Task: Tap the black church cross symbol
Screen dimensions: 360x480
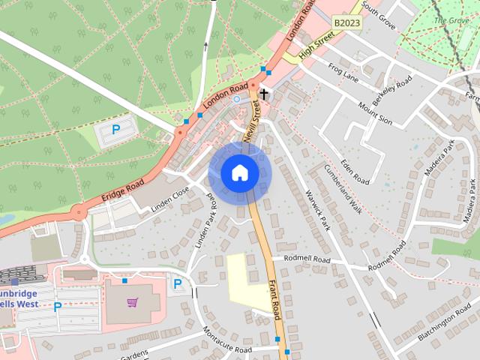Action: tap(264, 94)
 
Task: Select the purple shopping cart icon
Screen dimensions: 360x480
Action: tap(133, 302)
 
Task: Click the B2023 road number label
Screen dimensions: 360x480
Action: tap(346, 23)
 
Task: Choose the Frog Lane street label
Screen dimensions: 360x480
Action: tap(345, 72)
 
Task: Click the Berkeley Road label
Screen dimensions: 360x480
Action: tap(393, 90)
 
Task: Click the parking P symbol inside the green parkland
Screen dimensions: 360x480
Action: tap(115, 130)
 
